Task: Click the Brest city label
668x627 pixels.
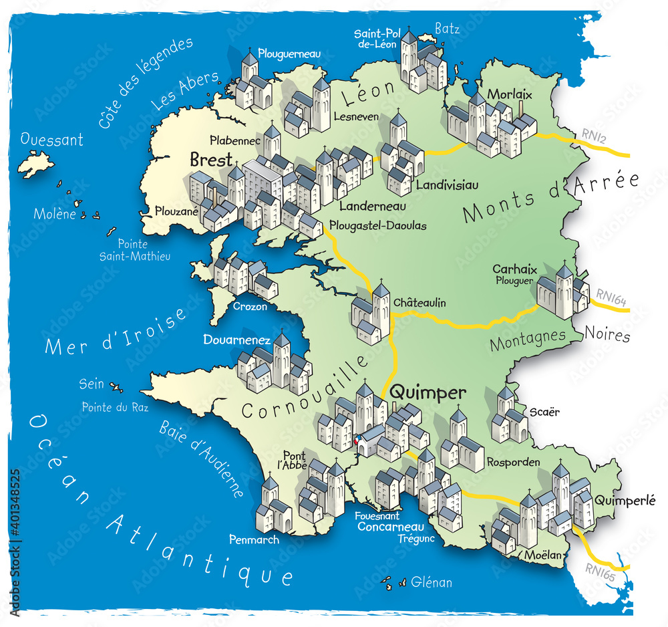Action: pyautogui.click(x=210, y=160)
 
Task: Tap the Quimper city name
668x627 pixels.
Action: pyautogui.click(x=428, y=393)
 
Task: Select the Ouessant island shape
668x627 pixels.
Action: pyautogui.click(x=36, y=162)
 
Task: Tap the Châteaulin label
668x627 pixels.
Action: pyautogui.click(x=419, y=303)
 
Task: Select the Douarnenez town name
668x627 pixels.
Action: pyautogui.click(x=236, y=340)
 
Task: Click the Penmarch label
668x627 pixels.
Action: pyautogui.click(x=254, y=539)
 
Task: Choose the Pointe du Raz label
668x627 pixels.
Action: pyautogui.click(x=115, y=407)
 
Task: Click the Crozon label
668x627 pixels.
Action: pyautogui.click(x=250, y=307)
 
